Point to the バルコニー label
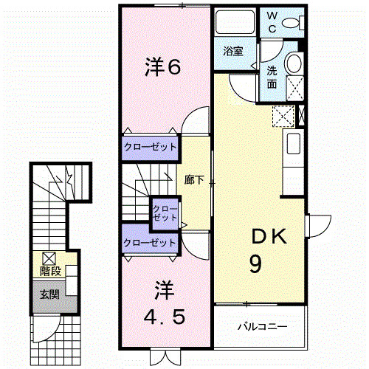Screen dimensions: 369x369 (261, 325)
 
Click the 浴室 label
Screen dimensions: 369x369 (234, 51)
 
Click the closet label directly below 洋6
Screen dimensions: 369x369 (151, 147)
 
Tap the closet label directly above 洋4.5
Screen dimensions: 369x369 (151, 242)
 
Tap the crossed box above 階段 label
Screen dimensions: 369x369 (49, 258)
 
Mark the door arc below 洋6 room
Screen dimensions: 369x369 (195, 120)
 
